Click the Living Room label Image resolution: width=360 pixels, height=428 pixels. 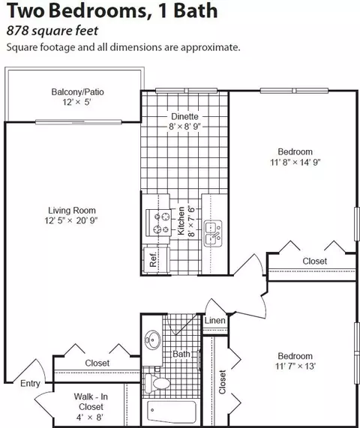coord(72,211)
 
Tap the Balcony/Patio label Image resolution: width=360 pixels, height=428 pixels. coord(77,92)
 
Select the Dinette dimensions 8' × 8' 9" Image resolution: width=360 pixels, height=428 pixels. coord(184,127)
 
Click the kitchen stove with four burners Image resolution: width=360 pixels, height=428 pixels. coord(158,223)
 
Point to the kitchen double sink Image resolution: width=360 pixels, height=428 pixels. coord(213,233)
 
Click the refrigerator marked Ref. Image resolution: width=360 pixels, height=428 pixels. coord(157,259)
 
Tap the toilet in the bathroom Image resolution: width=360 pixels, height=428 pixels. coord(157,383)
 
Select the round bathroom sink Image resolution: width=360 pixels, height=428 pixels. coord(152,340)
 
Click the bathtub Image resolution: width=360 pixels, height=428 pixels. coord(172,412)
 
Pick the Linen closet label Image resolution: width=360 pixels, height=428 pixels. coord(215,320)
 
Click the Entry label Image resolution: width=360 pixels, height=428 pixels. coord(30,384)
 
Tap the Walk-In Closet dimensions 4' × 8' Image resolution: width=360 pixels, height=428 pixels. coord(89,417)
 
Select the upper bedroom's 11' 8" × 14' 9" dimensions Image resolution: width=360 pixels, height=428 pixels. coord(295,163)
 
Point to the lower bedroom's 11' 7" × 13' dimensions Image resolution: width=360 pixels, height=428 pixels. coord(295,366)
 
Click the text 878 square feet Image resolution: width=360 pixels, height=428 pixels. coord(52,31)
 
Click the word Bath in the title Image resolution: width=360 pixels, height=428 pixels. coord(196,10)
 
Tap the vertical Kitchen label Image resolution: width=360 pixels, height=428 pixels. coord(181,221)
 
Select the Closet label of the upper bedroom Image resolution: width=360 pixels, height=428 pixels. coord(315,261)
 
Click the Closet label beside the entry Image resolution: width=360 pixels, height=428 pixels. coord(97,363)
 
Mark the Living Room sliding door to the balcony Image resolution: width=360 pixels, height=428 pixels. coord(79,122)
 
